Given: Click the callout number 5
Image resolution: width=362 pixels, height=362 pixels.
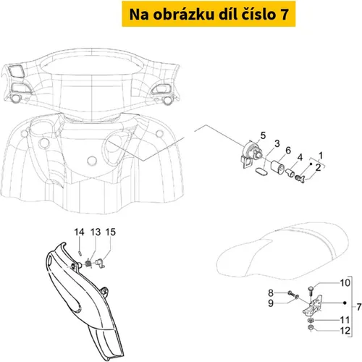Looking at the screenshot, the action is tap(263, 135).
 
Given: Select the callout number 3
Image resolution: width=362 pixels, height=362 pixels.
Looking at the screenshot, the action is tap(277, 143).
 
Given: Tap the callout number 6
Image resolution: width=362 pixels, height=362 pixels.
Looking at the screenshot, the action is tap(288, 151).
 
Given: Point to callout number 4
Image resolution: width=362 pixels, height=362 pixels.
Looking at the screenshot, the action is tap(300, 157).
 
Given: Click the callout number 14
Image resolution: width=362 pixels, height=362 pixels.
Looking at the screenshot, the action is tap(79, 232).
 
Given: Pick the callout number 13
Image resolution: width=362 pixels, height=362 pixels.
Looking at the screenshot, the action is tap(96, 232).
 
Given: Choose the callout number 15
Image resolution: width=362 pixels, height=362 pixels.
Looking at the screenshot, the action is tap(111, 232).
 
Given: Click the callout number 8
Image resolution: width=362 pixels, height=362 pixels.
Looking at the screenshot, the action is tap(271, 293).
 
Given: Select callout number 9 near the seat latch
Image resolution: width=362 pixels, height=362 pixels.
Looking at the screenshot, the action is tap(271, 303).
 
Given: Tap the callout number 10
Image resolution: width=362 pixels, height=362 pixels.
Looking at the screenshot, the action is tap(345, 282).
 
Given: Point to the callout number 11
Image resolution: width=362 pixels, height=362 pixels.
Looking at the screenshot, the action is tap(345, 320).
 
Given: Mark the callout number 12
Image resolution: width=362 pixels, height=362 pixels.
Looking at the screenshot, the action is tap(345, 331).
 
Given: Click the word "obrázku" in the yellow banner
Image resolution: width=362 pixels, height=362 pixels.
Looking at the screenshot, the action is tap(183, 14).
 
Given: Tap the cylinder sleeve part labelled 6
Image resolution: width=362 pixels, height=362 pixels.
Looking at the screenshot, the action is tap(277, 167).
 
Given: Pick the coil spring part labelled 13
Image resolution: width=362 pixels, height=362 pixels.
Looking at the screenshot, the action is tap(89, 263).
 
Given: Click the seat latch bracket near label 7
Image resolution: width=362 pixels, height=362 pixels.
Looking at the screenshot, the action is tap(312, 306).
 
